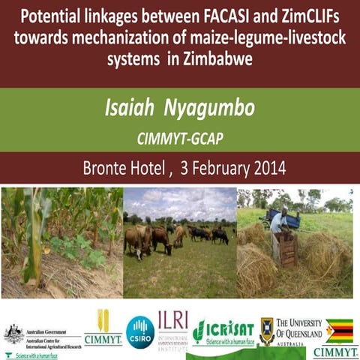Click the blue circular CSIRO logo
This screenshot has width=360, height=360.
(x=140, y=330)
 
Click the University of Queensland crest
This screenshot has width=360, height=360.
(x=266, y=330)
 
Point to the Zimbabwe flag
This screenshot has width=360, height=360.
(x=339, y=330)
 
